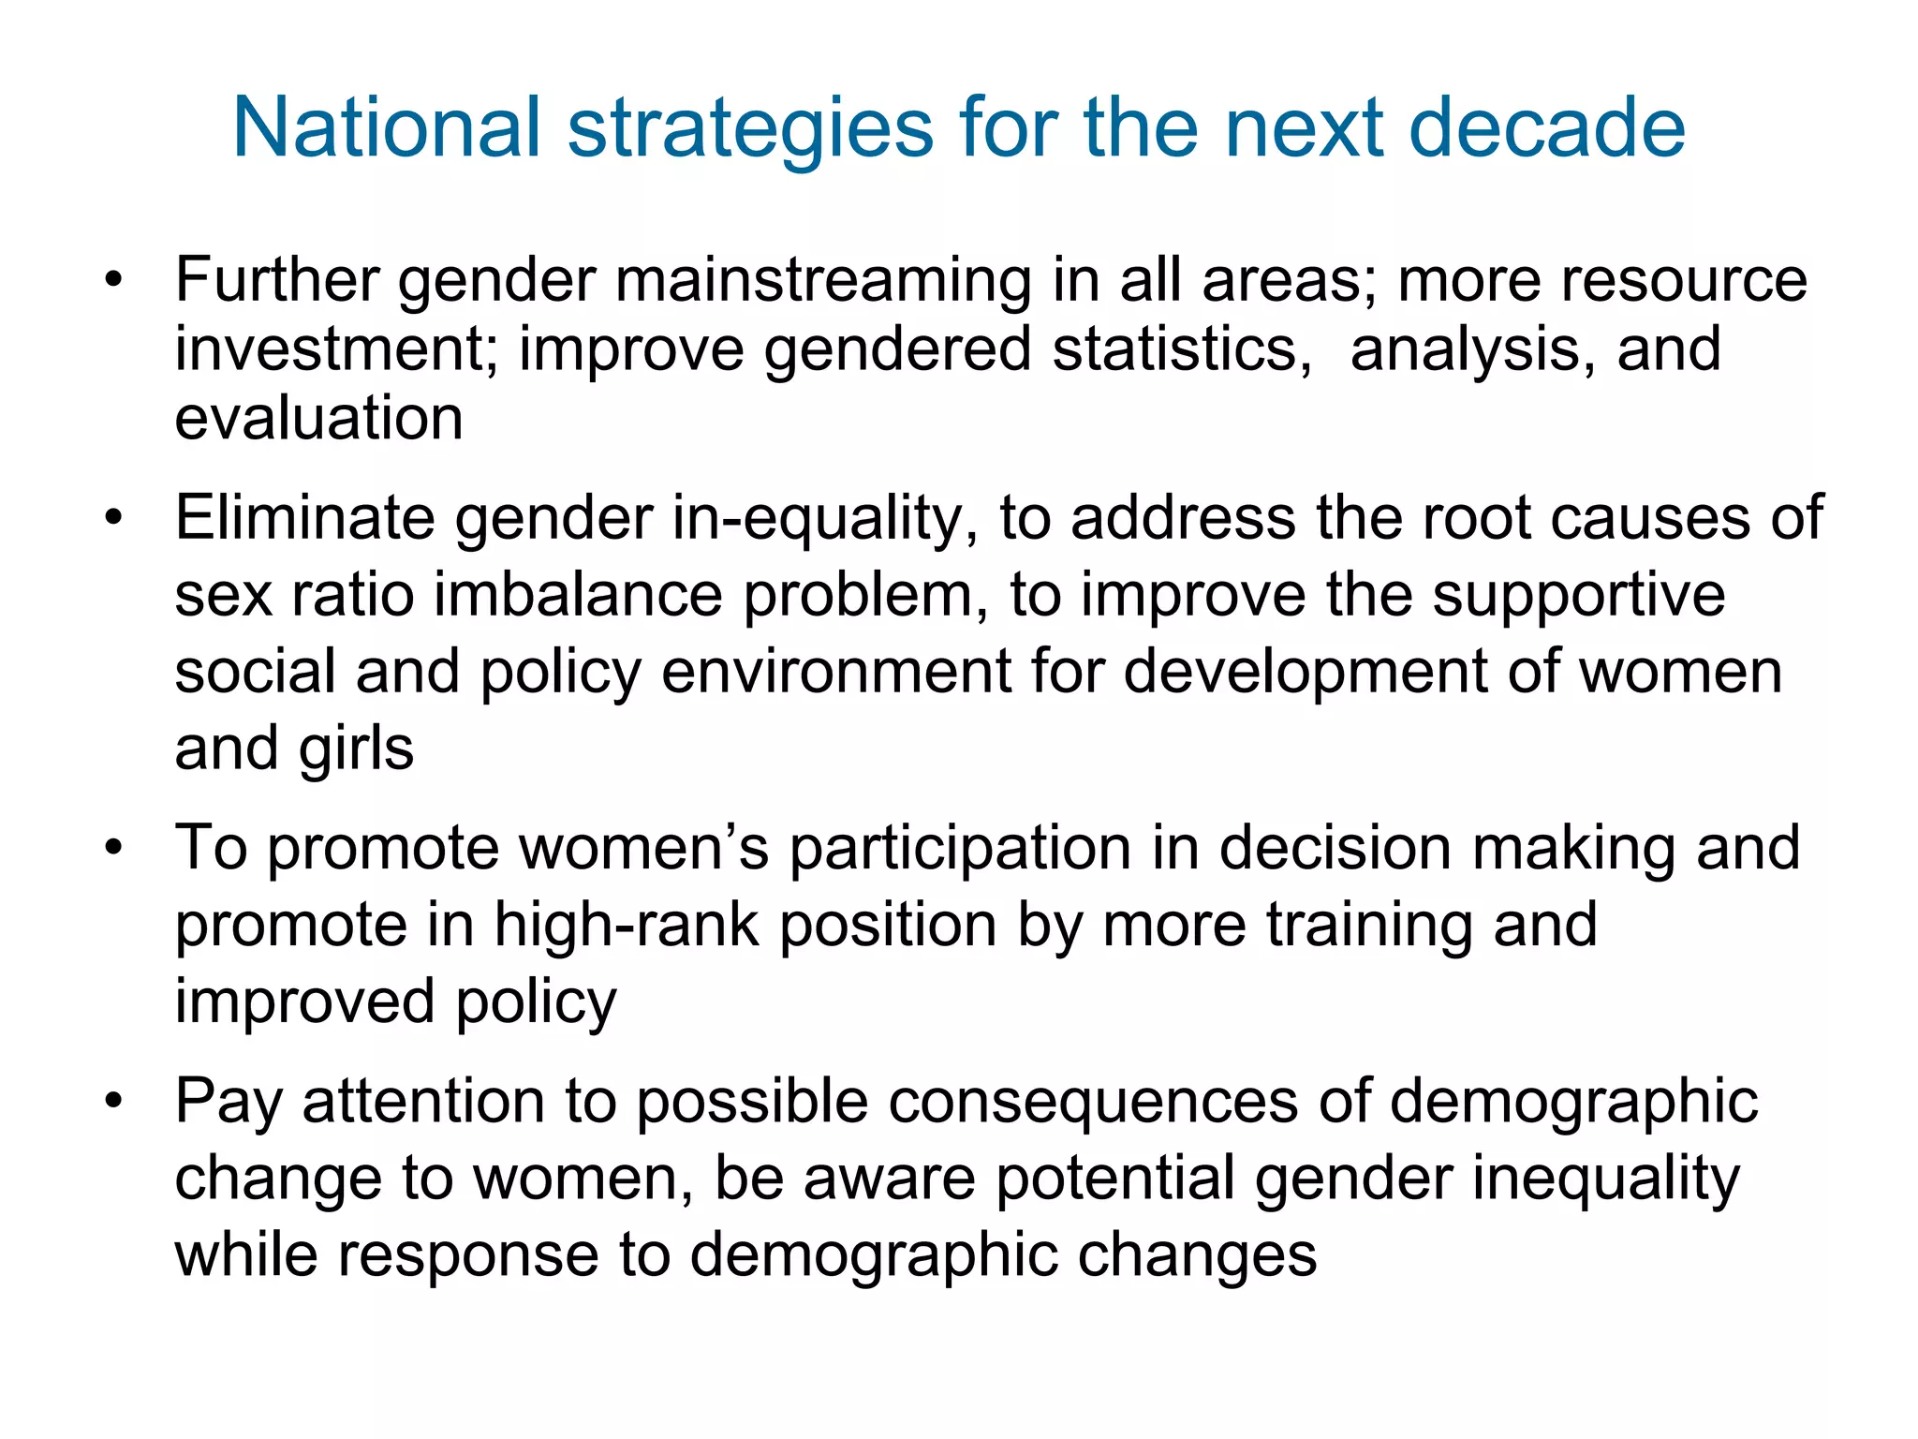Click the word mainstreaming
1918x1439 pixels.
[x=824, y=281]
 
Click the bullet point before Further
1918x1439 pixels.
[x=114, y=280]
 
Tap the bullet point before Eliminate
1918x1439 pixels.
[x=114, y=518]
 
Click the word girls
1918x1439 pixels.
[x=356, y=749]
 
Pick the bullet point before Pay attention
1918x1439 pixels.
[x=114, y=1102]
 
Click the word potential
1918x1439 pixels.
[x=1114, y=1179]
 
